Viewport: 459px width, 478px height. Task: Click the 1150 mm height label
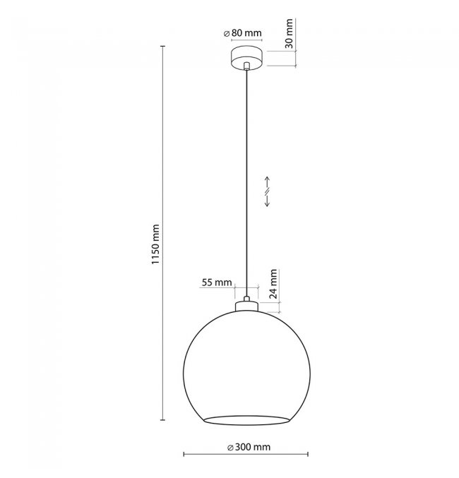[x=155, y=244]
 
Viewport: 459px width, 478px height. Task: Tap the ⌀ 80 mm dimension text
[x=243, y=33]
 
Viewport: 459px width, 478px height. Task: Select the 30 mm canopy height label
[x=289, y=33]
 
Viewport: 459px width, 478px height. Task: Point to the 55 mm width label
[x=217, y=282]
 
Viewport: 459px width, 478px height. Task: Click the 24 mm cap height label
[x=273, y=284]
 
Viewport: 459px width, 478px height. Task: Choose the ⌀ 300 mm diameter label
[x=249, y=447]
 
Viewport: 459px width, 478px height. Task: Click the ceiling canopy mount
[x=246, y=58]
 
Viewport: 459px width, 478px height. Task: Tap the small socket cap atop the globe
[x=246, y=306]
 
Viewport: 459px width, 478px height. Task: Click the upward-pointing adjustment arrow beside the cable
[x=267, y=182]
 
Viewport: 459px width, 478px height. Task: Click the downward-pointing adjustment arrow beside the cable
[x=267, y=201]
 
